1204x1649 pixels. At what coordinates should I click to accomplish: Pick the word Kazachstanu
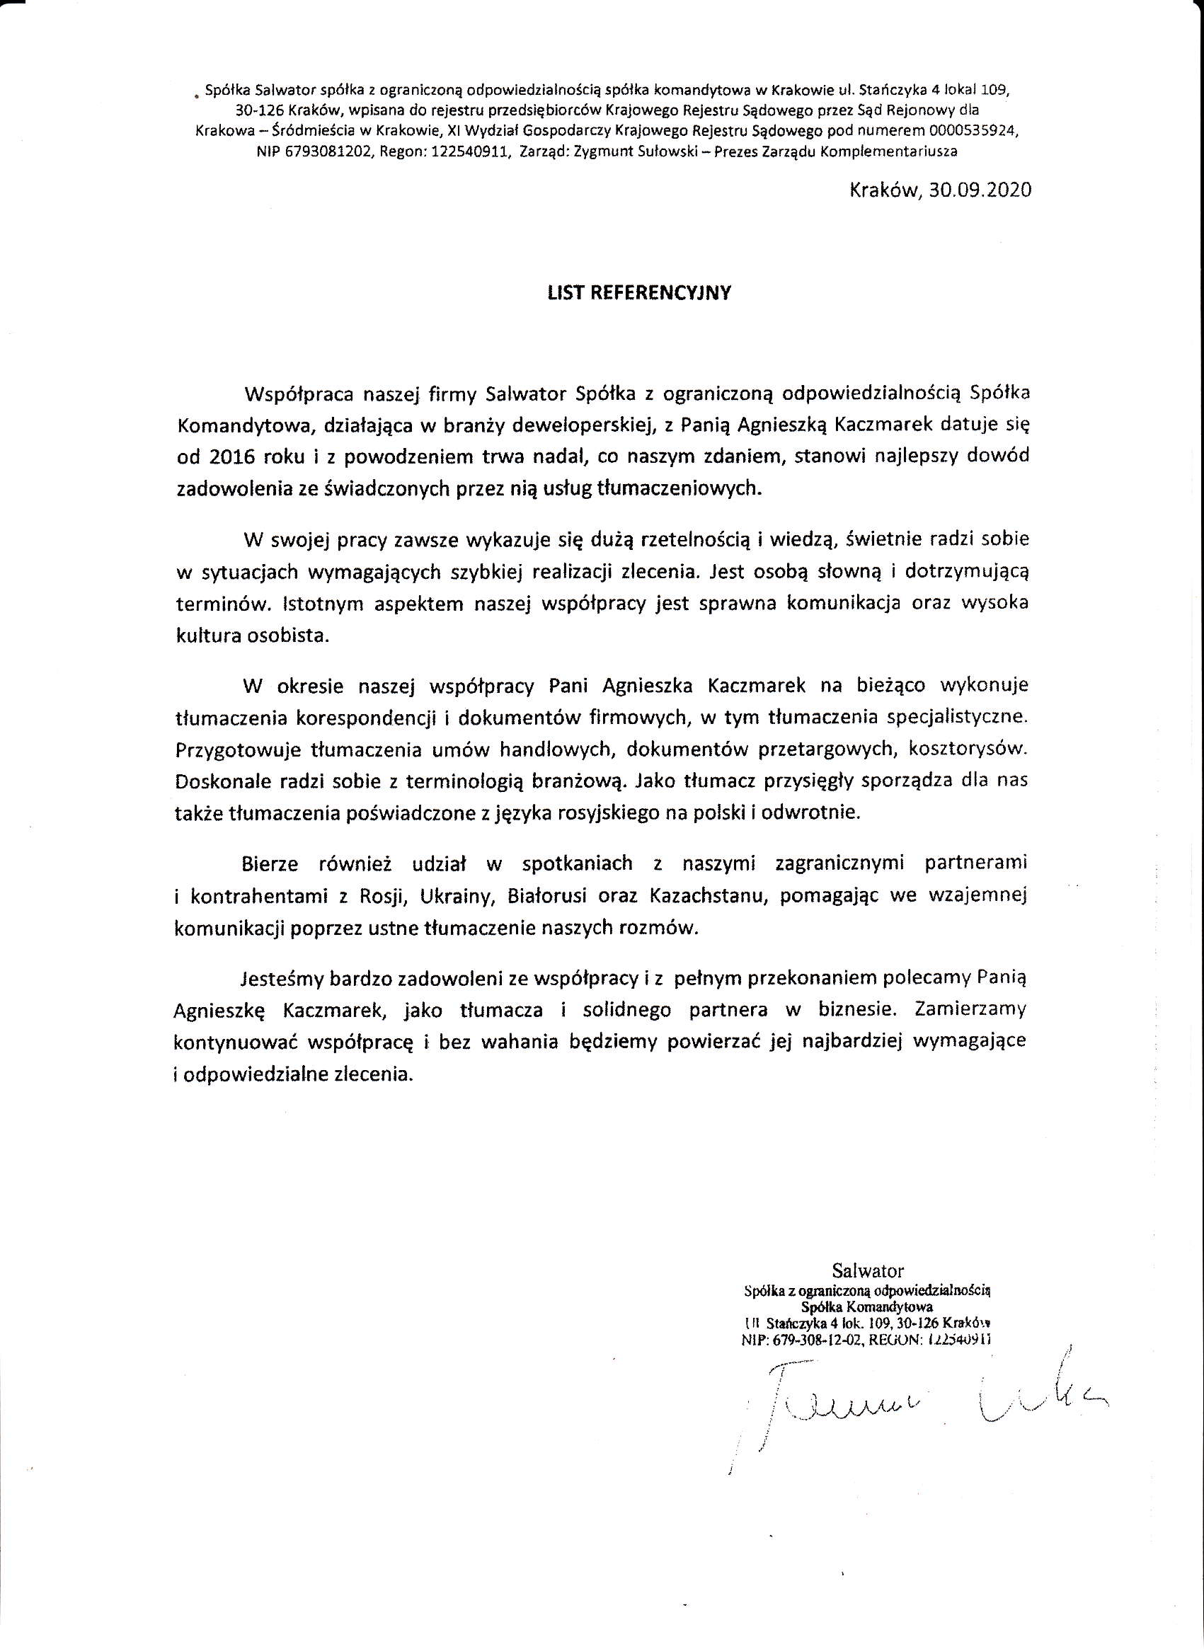click(x=708, y=896)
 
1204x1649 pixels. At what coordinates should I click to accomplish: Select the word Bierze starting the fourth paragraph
click(x=270, y=863)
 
